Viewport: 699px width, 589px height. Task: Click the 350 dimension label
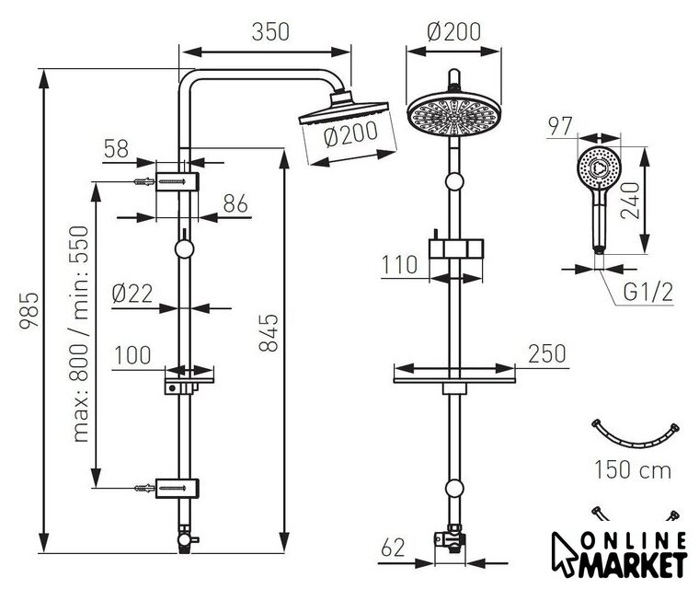point(270,32)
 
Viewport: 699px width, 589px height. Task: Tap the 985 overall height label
point(29,310)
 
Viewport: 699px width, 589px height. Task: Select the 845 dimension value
point(269,333)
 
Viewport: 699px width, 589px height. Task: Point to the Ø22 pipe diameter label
point(132,294)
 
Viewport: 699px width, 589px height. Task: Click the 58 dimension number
point(116,148)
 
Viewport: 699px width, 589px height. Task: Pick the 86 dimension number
point(235,204)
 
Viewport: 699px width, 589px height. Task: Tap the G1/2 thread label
point(647,293)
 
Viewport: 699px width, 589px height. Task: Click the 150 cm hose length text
point(633,470)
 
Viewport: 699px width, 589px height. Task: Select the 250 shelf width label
point(546,353)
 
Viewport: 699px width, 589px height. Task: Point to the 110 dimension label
point(399,265)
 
